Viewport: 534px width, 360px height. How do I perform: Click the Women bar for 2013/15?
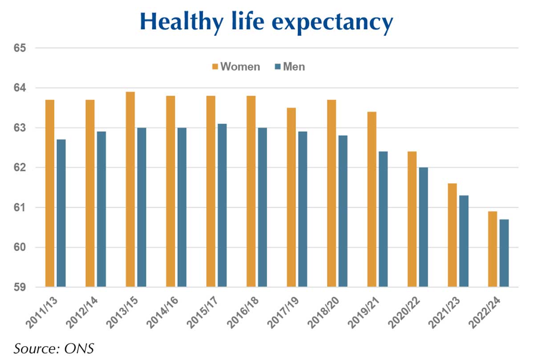coord(130,189)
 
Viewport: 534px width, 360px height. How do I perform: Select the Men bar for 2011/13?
coord(61,213)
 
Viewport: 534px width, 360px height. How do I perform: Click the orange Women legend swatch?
coord(215,67)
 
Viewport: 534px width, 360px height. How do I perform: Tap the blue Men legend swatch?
coord(278,67)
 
